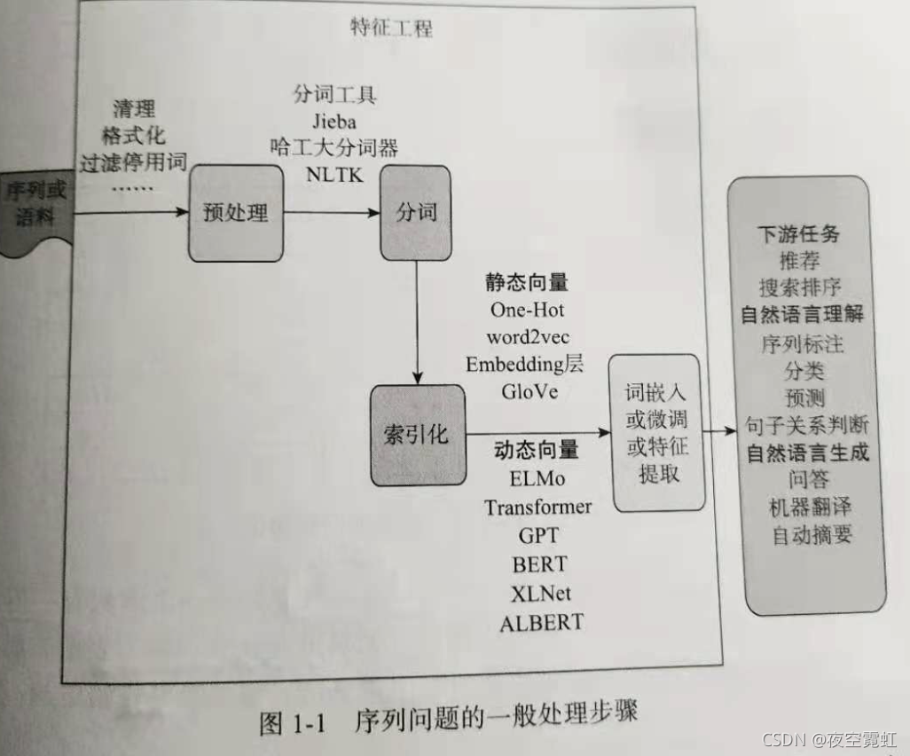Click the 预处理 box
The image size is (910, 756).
[x=235, y=214]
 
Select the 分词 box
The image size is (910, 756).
[x=415, y=213]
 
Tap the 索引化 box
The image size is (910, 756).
[x=417, y=435]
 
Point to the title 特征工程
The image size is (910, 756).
[x=391, y=28]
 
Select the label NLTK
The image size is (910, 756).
[x=334, y=174]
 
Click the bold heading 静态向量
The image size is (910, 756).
[x=526, y=283]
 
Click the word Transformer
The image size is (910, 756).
[x=537, y=507]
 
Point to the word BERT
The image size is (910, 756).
[x=539, y=563]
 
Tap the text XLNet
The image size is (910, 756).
[x=541, y=593]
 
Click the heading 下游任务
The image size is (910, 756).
[x=798, y=235]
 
